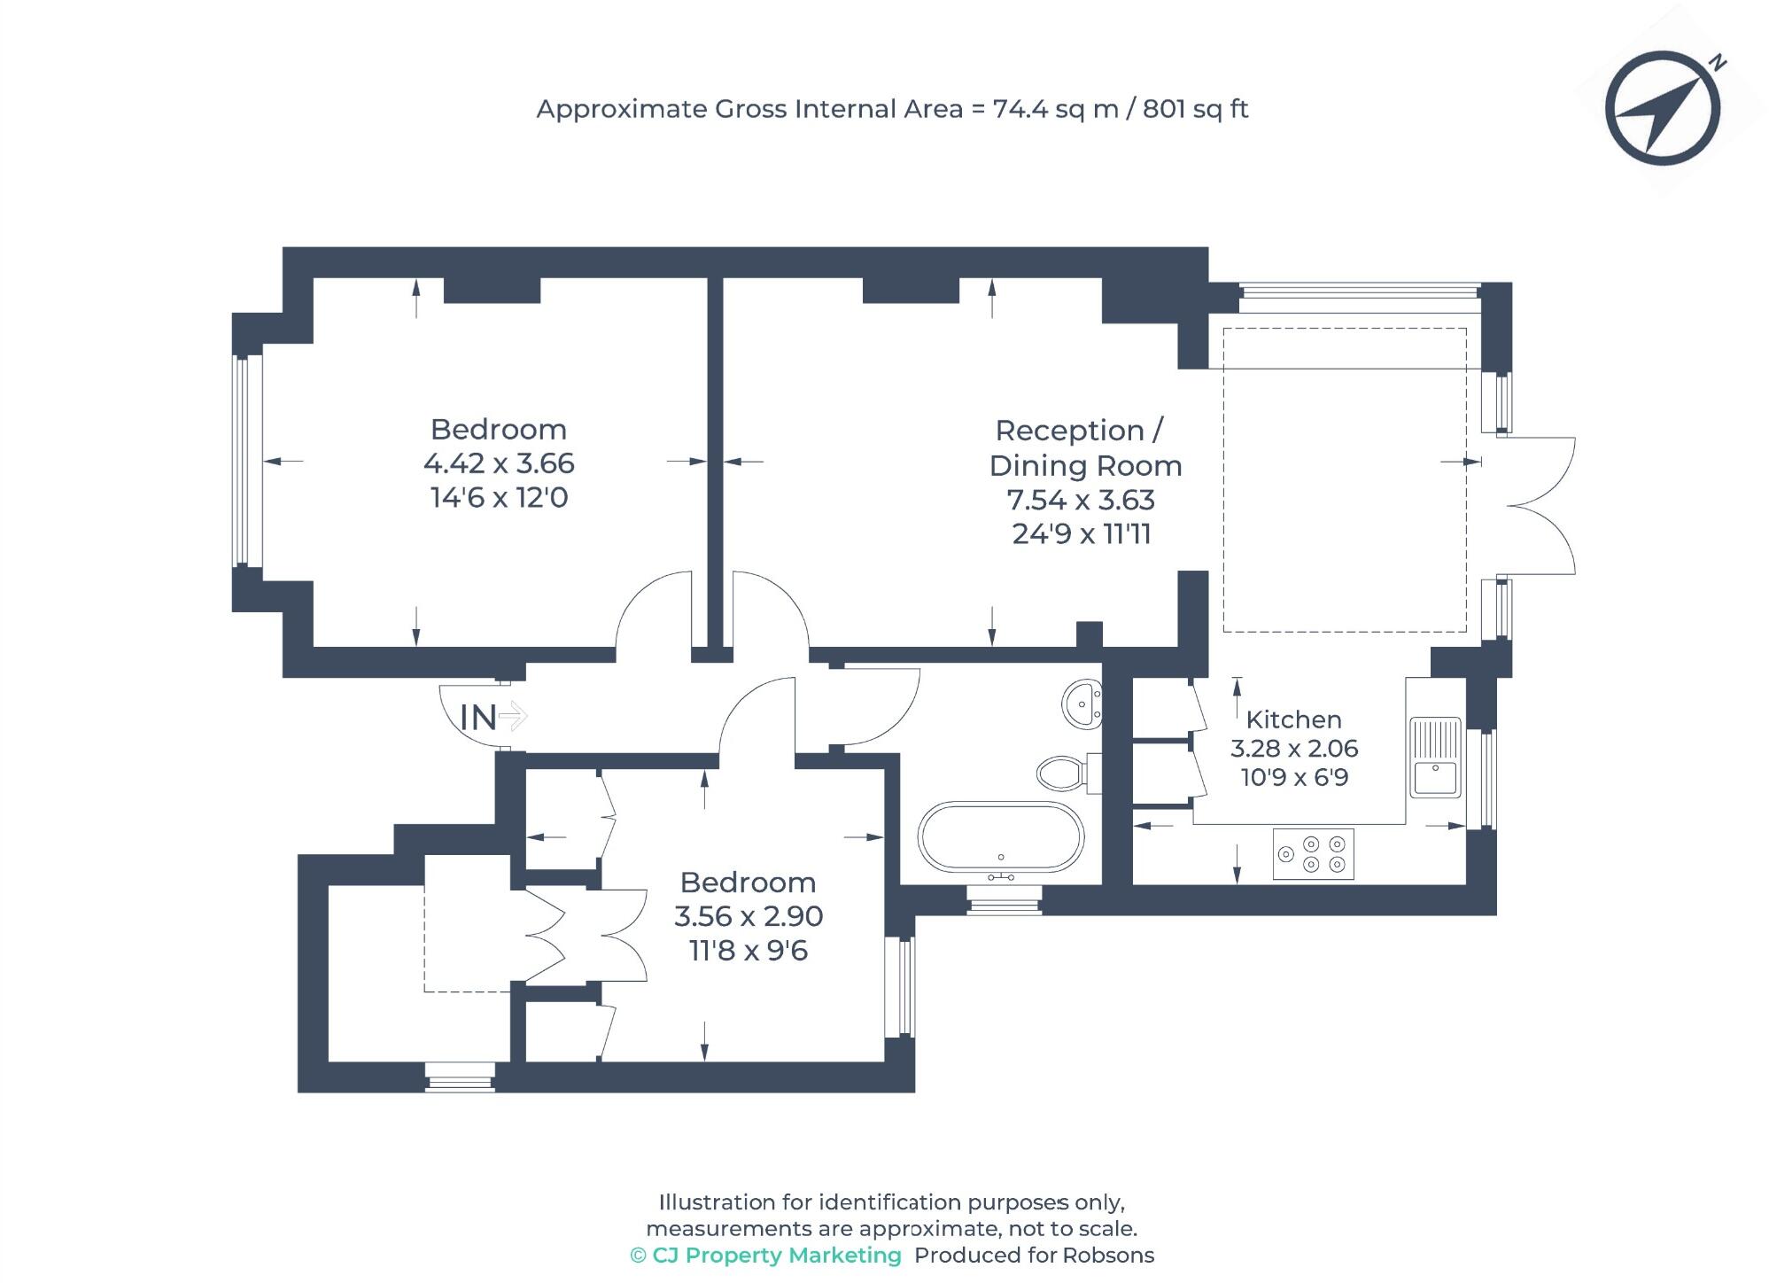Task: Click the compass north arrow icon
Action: (1663, 108)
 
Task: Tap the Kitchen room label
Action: (1293, 719)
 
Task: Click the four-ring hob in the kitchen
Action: (1313, 854)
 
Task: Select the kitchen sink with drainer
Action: (1435, 758)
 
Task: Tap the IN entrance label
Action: (479, 718)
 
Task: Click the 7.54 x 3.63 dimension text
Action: (1081, 501)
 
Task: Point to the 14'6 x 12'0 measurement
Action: (499, 498)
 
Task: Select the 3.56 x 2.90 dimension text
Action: (749, 916)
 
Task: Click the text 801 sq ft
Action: (1195, 109)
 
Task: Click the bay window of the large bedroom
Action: (247, 461)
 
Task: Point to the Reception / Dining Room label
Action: (1084, 447)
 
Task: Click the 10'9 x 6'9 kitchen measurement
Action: (1294, 778)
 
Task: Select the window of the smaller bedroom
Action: (901, 986)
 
